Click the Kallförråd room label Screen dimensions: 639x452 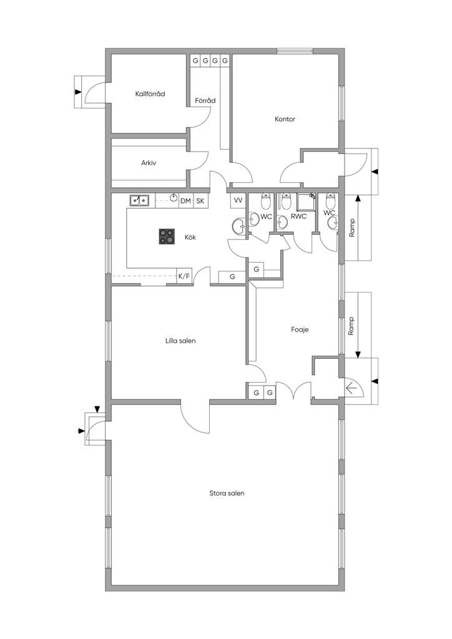150,94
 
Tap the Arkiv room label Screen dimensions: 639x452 149,163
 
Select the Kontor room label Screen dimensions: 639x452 285,119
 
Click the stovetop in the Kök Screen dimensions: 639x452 167,236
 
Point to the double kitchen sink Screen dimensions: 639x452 139,200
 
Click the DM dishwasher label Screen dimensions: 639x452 185,201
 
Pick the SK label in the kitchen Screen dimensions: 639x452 200,201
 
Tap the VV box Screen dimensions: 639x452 238,200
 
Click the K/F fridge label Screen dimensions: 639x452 184,276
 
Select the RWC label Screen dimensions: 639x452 298,217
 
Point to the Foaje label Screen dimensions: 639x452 300,329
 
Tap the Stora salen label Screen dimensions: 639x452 227,493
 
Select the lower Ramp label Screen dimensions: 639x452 351,325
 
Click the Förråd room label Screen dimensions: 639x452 205,100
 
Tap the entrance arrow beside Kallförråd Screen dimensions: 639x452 78,92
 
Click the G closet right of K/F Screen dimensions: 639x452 232,276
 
